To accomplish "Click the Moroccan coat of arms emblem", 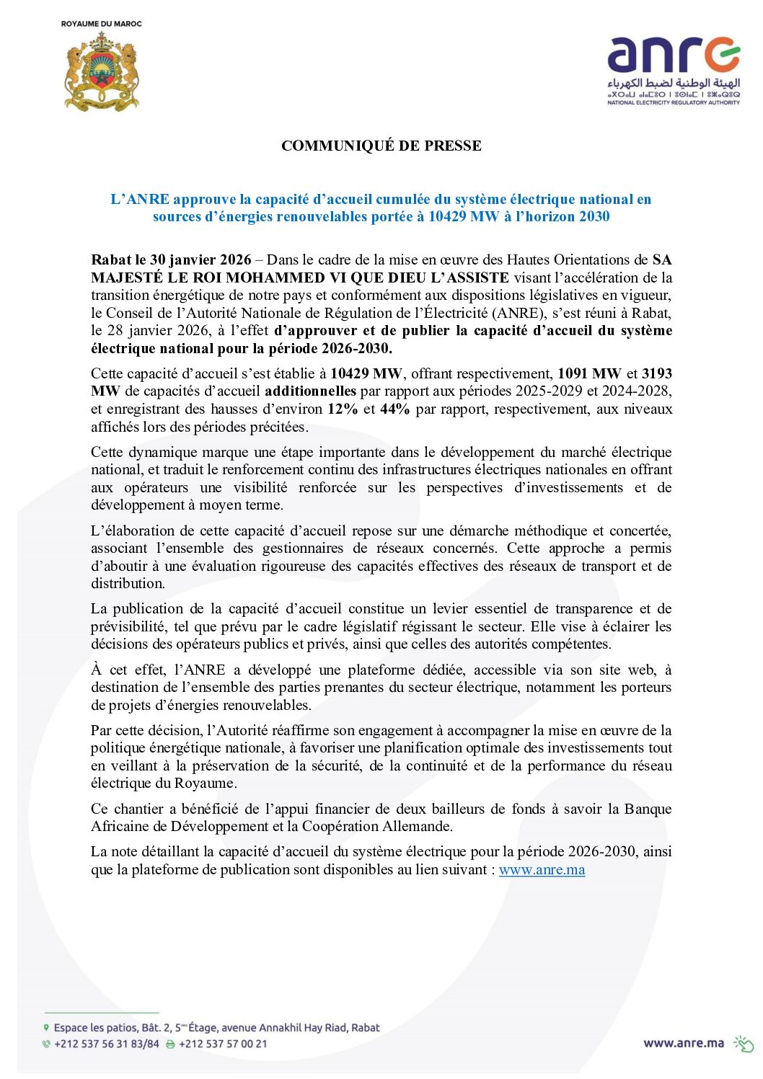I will pos(102,72).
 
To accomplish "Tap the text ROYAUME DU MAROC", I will pos(102,24).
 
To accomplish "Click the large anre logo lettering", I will pos(673,55).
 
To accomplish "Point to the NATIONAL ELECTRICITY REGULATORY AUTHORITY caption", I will pos(673,102).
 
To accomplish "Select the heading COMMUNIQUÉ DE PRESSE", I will pos(381,146).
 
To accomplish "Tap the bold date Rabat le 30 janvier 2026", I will pos(171,259).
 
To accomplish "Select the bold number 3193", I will pos(656,373).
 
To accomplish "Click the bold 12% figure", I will pos(342,409).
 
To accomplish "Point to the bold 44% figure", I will pos(394,409).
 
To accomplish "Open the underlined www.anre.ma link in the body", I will pos(542,869).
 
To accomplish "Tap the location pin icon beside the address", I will pos(46,1028).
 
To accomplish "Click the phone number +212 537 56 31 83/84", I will pos(107,1044).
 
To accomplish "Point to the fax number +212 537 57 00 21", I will pos(223,1044).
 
